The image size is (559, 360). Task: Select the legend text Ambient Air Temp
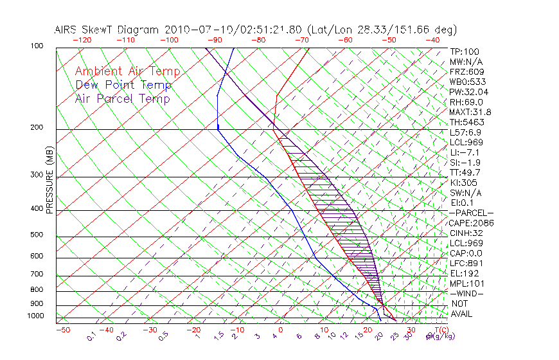pos(127,71)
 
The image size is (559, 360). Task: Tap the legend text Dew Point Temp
pos(123,85)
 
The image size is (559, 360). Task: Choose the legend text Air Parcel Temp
pos(122,98)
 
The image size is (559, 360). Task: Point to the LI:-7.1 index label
pos(463,152)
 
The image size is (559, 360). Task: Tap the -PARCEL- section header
pos(471,213)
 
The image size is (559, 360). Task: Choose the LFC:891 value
pos(465,263)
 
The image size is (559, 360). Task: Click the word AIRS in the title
pos(67,30)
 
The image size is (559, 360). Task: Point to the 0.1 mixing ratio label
pos(91,336)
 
